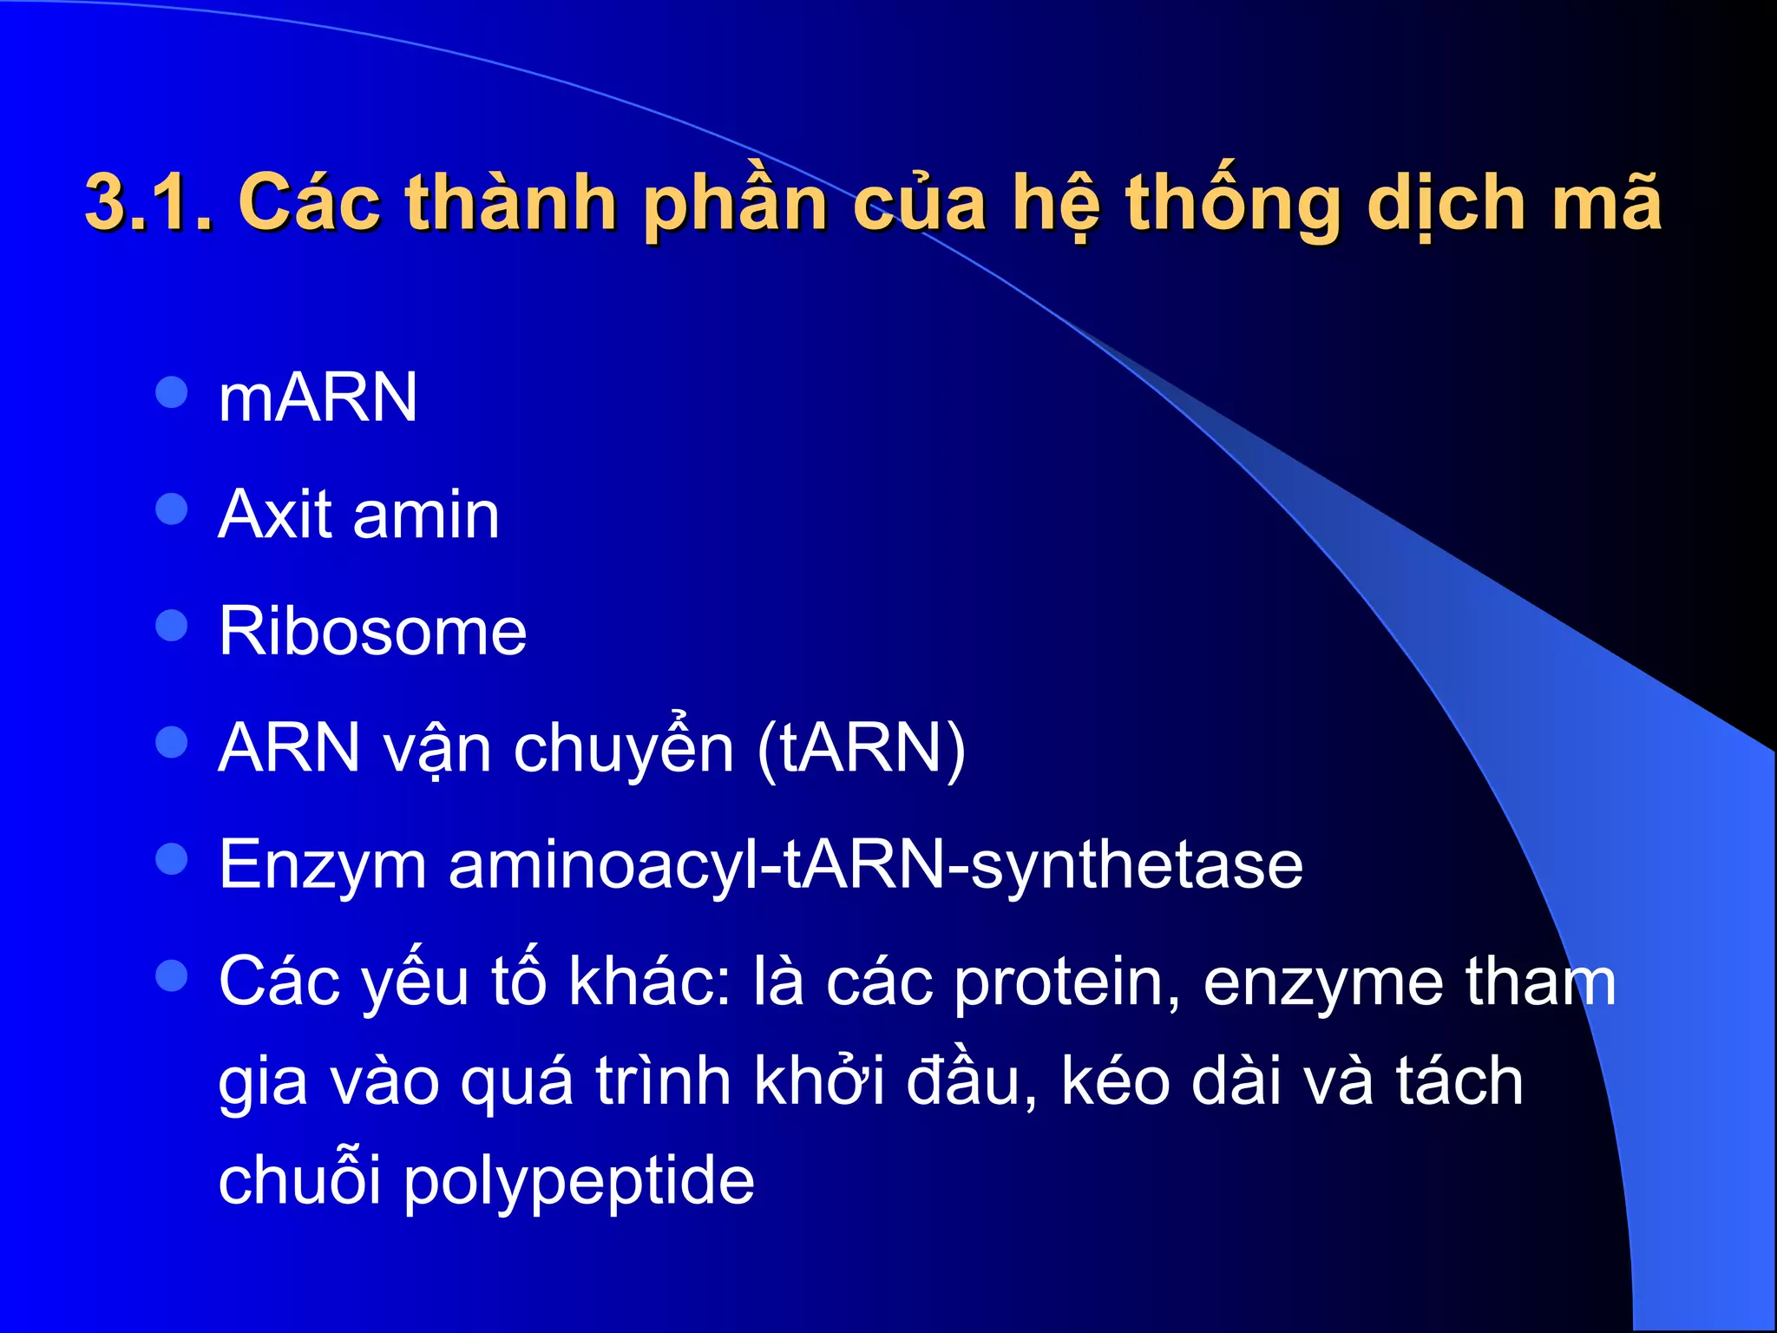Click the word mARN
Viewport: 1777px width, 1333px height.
click(x=318, y=397)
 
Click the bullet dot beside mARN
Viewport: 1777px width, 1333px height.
click(x=172, y=391)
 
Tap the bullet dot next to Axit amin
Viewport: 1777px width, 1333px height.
click(x=172, y=509)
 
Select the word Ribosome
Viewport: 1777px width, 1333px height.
click(x=372, y=631)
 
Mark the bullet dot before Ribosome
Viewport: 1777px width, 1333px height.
click(x=172, y=625)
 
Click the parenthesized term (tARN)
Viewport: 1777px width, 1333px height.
click(x=861, y=747)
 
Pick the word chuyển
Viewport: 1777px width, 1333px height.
click(x=624, y=747)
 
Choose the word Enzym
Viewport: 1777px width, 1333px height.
click(x=322, y=864)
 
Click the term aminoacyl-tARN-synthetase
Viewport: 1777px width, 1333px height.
click(x=875, y=864)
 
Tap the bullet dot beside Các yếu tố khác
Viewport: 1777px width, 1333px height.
click(x=172, y=975)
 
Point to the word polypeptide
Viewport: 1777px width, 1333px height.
click(x=579, y=1180)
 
